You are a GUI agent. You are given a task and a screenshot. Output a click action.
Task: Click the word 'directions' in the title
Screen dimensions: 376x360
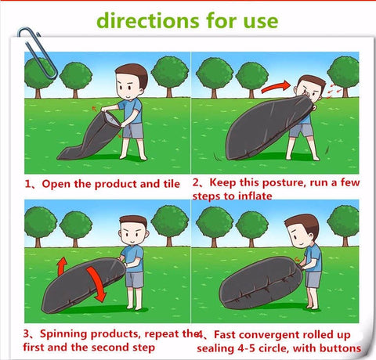pos(148,20)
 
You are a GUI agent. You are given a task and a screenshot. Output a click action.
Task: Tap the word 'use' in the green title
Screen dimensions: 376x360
pos(261,22)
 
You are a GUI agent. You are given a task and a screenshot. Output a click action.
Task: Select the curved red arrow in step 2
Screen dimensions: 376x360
pos(276,87)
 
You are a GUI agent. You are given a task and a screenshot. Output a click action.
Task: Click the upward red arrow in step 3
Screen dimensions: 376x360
pos(62,265)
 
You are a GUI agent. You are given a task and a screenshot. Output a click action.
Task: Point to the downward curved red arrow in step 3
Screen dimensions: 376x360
pos(96,284)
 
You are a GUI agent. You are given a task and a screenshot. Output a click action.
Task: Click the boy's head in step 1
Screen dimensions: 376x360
pos(132,81)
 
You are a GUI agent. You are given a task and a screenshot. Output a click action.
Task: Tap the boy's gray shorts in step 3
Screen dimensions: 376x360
pos(134,279)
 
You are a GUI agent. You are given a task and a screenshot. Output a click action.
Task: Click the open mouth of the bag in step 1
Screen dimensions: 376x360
pos(112,119)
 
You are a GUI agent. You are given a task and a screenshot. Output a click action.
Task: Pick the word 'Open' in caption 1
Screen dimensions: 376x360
pos(56,185)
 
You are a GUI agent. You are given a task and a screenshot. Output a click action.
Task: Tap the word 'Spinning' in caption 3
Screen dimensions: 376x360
pos(63,334)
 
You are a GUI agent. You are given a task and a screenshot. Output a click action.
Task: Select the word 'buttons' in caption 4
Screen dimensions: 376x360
pos(341,348)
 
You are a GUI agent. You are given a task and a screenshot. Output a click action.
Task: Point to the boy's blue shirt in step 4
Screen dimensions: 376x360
pos(313,257)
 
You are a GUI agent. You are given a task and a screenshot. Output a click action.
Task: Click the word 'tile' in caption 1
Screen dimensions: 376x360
pos(172,184)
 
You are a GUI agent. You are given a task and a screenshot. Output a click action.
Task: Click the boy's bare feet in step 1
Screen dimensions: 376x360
pos(133,157)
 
